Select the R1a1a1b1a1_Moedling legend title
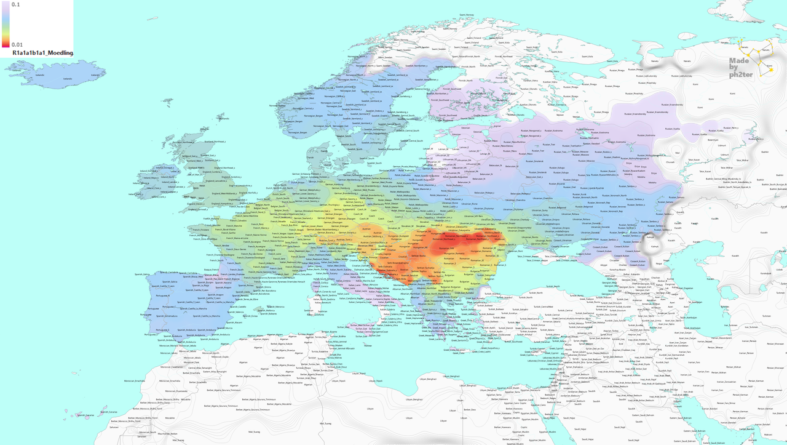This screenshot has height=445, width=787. click(x=42, y=53)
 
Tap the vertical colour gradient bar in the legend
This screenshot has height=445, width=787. click(x=5, y=25)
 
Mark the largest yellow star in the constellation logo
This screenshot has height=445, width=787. click(x=770, y=69)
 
